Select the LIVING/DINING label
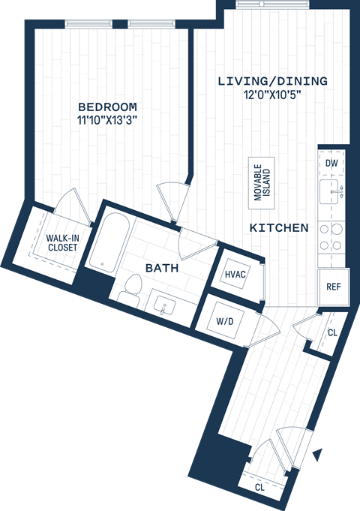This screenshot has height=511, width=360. pos(273,81)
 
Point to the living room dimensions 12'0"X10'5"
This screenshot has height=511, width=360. pos(273,94)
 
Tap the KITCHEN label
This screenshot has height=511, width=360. pos(279,227)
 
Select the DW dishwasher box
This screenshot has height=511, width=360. pos(331,163)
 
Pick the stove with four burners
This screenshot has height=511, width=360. pos(331,236)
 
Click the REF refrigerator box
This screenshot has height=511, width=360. pos(333,286)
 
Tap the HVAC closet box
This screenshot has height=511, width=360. pos(235,274)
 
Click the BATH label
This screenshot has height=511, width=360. pos(160,267)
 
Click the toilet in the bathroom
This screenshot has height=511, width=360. pos(132,287)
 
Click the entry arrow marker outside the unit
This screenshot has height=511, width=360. pos(318,454)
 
